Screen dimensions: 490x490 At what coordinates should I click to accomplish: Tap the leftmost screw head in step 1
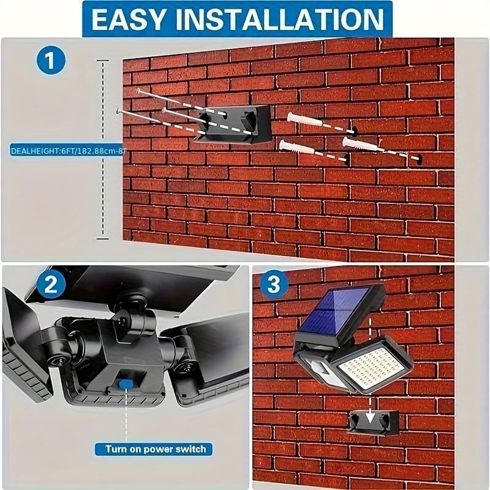click(x=118, y=110)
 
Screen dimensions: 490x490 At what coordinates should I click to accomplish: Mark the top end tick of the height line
click(x=103, y=61)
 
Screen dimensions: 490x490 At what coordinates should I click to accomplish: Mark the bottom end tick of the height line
click(x=103, y=239)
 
